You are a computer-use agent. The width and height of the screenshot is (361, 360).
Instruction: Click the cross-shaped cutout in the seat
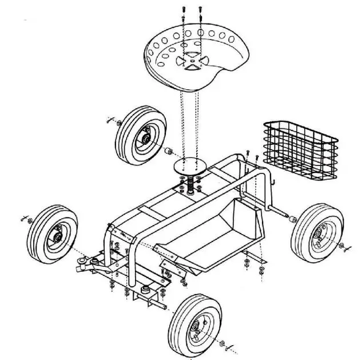click(190, 61)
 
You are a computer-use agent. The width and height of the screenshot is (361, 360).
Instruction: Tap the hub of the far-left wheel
click(57, 234)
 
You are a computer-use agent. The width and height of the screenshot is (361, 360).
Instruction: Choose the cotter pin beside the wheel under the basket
click(343, 247)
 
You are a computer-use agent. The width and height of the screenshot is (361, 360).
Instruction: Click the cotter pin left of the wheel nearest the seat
click(110, 121)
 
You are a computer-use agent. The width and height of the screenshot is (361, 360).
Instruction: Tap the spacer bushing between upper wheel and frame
click(168, 151)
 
